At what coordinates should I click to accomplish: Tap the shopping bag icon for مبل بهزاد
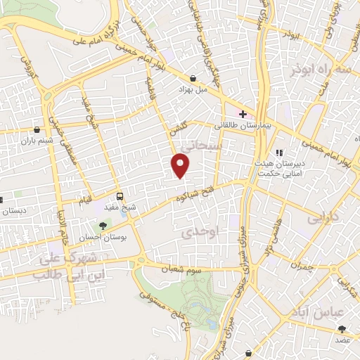pos(193,79)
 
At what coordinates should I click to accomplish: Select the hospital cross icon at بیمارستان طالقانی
pos(243,114)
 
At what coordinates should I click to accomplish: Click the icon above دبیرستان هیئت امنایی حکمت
pos(278,152)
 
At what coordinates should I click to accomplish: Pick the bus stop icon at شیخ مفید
pos(120,196)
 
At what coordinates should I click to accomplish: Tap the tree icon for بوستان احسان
pos(103,226)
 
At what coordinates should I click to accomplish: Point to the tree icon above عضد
pos(342,329)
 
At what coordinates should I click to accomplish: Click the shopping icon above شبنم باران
pos(37,129)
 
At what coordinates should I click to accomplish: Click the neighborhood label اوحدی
pos(205,231)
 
